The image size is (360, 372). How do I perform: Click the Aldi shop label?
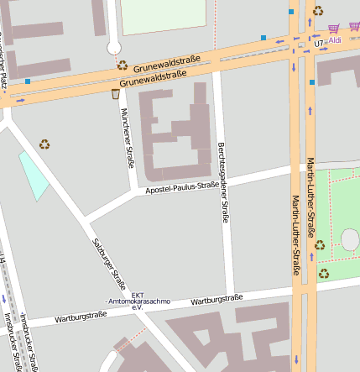336,39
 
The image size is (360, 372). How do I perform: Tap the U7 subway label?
318,41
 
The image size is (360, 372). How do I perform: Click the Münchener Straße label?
127,136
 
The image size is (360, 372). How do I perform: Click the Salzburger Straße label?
108,262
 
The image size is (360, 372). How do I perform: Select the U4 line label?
3,265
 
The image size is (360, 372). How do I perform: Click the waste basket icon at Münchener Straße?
115,94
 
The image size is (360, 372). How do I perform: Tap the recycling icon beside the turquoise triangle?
44,144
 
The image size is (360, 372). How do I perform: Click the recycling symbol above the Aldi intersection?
318,11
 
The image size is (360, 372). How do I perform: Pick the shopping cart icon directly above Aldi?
335,28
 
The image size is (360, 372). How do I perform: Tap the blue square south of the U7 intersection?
312,82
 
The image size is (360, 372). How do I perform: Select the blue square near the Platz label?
28,81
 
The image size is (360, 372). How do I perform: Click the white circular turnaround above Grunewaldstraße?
113,49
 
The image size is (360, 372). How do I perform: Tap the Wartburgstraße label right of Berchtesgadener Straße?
217,299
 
